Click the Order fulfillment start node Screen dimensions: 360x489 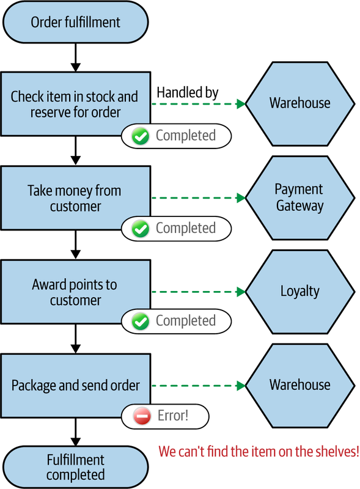tap(76, 22)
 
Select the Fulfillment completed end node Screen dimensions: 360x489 tap(76, 467)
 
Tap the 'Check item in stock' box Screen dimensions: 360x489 tap(76, 104)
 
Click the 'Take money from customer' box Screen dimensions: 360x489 tap(76, 198)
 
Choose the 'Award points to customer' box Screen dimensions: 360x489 tap(76, 292)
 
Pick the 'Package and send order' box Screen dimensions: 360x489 tap(76, 386)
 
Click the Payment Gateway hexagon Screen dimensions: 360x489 tap(300, 197)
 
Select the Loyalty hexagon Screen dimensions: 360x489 tap(300, 292)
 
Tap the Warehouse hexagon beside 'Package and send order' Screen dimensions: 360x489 tap(300, 386)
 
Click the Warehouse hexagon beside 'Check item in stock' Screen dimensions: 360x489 tap(300, 104)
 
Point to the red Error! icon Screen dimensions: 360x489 tap(142, 416)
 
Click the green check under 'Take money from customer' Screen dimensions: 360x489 tap(141, 229)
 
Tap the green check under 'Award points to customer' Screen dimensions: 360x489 tap(141, 322)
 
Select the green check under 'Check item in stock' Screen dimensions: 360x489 tap(141, 136)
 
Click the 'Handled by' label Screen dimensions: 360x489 tap(188, 92)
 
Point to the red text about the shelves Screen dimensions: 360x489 tap(259, 451)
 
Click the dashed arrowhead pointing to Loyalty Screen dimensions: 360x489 tap(241, 292)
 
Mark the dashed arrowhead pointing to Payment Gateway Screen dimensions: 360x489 tap(241, 197)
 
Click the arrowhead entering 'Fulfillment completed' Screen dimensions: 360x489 tap(76, 441)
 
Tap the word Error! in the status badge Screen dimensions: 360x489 tap(173, 416)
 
